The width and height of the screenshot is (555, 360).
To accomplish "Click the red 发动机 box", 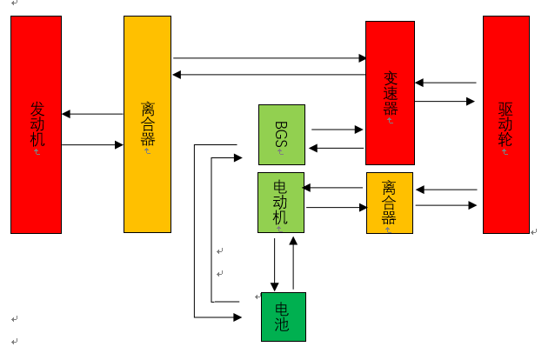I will point(36,124).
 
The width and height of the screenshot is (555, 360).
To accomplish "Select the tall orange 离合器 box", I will point(147,124).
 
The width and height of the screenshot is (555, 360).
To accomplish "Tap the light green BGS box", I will point(282,135).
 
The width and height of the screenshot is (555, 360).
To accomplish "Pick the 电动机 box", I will point(280,203).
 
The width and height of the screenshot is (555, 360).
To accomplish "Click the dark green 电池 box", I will point(284,317).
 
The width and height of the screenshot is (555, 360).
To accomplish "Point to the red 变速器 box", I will point(390,93).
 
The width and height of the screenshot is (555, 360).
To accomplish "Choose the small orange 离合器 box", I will point(389,203).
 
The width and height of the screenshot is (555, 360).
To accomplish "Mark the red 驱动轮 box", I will point(506,124).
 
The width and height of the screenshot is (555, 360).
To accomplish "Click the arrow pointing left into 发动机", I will point(92,114).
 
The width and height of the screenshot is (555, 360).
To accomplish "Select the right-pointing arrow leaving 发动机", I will point(92,144).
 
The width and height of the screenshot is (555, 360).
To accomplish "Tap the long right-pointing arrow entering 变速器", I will point(270,58).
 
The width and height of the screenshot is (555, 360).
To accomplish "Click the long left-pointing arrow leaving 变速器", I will point(270,75).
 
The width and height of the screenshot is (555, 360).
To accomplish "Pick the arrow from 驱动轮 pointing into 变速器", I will point(445,83).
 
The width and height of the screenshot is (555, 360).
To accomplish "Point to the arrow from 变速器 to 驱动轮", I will point(445,102).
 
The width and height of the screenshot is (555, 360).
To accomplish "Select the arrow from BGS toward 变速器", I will point(337,130).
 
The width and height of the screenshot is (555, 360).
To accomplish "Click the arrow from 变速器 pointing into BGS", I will point(337,148).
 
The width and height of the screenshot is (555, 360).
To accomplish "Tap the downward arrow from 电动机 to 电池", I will point(275,263).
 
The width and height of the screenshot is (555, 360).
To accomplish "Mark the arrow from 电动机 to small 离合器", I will point(337,207).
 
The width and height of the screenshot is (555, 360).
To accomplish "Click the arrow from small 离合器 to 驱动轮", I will point(445,206).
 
